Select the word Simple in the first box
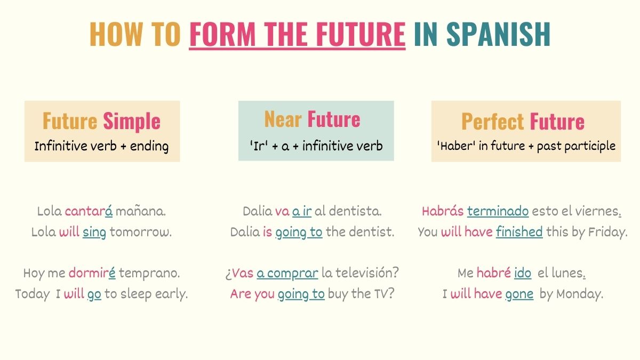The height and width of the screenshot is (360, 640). point(131,121)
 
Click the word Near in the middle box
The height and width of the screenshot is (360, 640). point(283,119)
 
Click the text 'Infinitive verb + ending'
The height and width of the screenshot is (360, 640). point(101,146)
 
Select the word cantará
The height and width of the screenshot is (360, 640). point(89,211)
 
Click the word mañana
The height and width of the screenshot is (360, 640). point(141,211)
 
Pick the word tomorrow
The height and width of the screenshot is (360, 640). point(141,233)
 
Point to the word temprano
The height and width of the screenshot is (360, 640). point(149,273)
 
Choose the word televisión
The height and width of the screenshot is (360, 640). point(368,273)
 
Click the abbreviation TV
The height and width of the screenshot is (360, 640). point(384,294)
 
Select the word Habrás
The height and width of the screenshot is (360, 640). point(442,211)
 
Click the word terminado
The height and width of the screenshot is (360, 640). point(498,211)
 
